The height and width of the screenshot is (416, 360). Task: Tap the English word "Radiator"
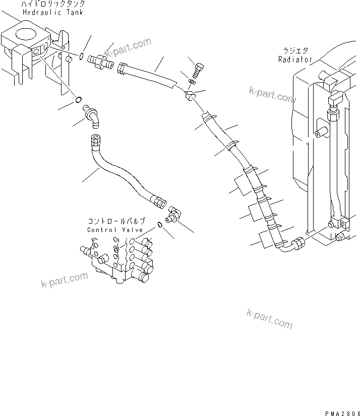click(x=295, y=59)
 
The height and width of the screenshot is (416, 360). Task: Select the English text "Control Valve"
click(x=116, y=229)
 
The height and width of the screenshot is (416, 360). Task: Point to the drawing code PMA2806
click(x=340, y=411)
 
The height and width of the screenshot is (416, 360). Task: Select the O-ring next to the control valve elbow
click(x=160, y=224)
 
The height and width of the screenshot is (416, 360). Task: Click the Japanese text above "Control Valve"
click(x=116, y=221)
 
